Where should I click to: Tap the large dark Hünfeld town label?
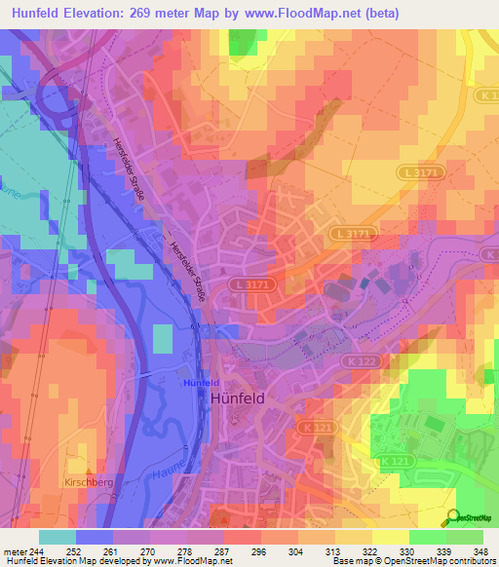click(240, 398)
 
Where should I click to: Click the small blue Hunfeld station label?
click(202, 384)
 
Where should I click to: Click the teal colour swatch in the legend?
click(58, 537)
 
